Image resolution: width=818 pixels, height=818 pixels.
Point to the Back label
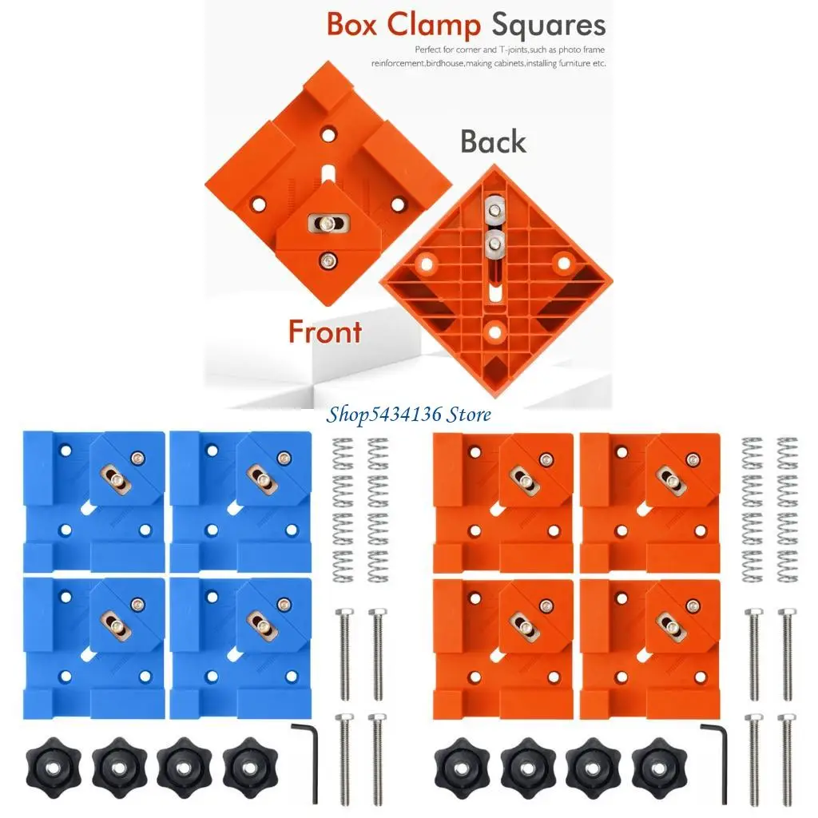coord(493,141)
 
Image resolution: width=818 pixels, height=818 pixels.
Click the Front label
coord(324,331)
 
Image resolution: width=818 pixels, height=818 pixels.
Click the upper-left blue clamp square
coord(94,500)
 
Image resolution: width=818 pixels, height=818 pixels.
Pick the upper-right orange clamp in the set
coord(649,500)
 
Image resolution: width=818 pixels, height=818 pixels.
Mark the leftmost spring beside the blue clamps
coord(343,511)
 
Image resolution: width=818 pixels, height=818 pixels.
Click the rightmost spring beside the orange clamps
coord(787,511)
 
